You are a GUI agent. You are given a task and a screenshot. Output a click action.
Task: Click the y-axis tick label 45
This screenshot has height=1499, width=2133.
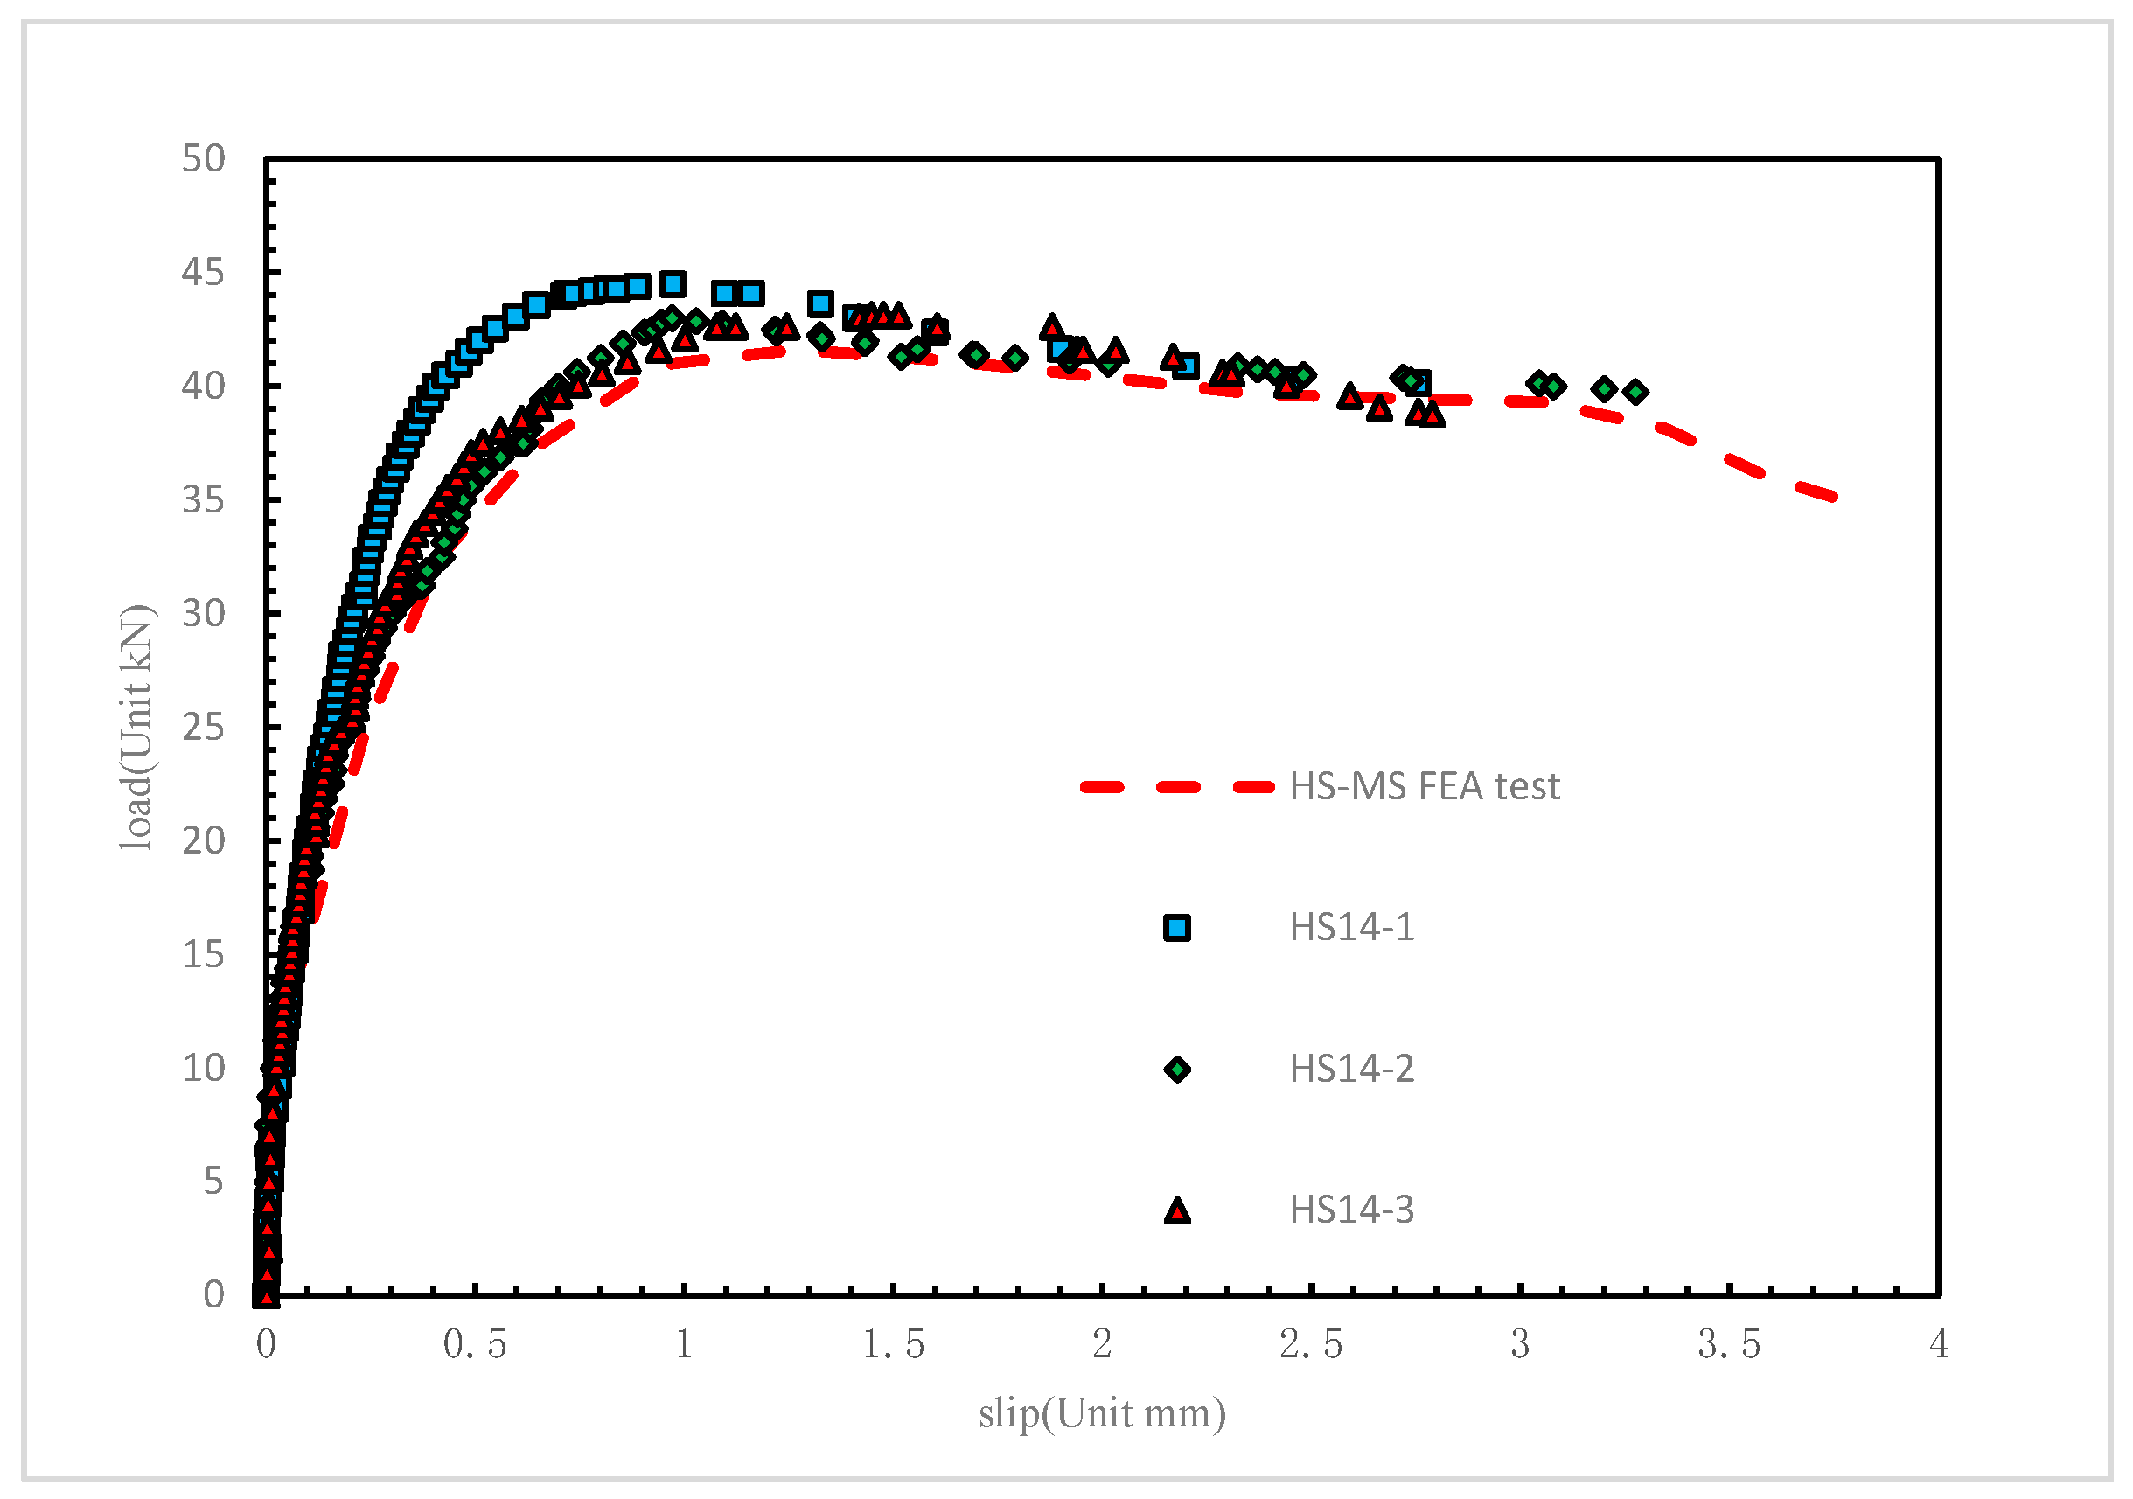pyautogui.click(x=204, y=273)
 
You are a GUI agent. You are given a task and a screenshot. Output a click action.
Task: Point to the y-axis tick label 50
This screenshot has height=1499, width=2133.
pyautogui.click(x=204, y=159)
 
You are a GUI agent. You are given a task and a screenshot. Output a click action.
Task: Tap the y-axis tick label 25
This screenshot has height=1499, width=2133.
pyautogui.click(x=204, y=728)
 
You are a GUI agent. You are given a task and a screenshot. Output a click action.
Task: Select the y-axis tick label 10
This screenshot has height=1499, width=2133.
pyautogui.click(x=204, y=1068)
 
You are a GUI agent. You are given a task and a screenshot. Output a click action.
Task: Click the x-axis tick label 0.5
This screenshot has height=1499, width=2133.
pyautogui.click(x=475, y=1344)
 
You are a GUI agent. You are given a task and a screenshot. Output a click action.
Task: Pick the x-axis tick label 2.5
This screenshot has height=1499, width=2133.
pyautogui.click(x=1311, y=1344)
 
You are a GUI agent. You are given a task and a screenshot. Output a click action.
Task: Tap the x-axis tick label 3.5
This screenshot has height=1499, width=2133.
pyautogui.click(x=1729, y=1344)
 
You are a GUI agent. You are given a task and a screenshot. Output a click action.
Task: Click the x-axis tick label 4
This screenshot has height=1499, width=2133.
pyautogui.click(x=1939, y=1344)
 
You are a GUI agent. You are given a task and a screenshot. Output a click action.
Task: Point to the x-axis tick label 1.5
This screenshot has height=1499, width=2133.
pyautogui.click(x=893, y=1344)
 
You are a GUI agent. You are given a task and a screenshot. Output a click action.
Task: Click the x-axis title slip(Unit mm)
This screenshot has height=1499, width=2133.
pyautogui.click(x=1102, y=1413)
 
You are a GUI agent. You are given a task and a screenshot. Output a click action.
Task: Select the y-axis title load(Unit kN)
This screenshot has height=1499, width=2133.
pyautogui.click(x=136, y=728)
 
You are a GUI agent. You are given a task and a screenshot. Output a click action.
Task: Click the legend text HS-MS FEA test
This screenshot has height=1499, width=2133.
pyautogui.click(x=1424, y=786)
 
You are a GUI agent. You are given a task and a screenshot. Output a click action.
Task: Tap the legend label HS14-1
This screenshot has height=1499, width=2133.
pyautogui.click(x=1352, y=927)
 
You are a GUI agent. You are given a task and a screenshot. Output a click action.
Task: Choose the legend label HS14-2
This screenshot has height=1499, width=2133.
pyautogui.click(x=1352, y=1069)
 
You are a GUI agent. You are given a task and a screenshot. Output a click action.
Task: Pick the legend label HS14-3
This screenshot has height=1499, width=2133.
pyautogui.click(x=1352, y=1210)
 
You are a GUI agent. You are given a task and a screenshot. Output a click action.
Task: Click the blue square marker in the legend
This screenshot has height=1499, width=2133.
pyautogui.click(x=1177, y=928)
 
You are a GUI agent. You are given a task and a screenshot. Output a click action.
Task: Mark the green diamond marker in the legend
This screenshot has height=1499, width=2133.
pyautogui.click(x=1177, y=1070)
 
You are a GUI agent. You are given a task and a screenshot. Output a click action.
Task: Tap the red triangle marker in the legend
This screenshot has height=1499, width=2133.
pyautogui.click(x=1177, y=1211)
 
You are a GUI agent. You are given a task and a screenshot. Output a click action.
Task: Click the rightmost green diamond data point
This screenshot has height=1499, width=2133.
pyautogui.click(x=1636, y=392)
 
